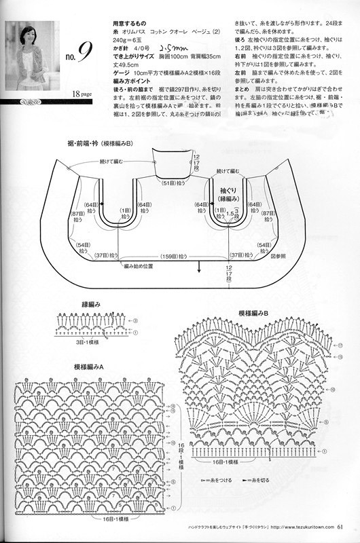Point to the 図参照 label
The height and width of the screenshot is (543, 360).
[280, 257]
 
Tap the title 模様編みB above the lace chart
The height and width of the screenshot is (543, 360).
[255, 314]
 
